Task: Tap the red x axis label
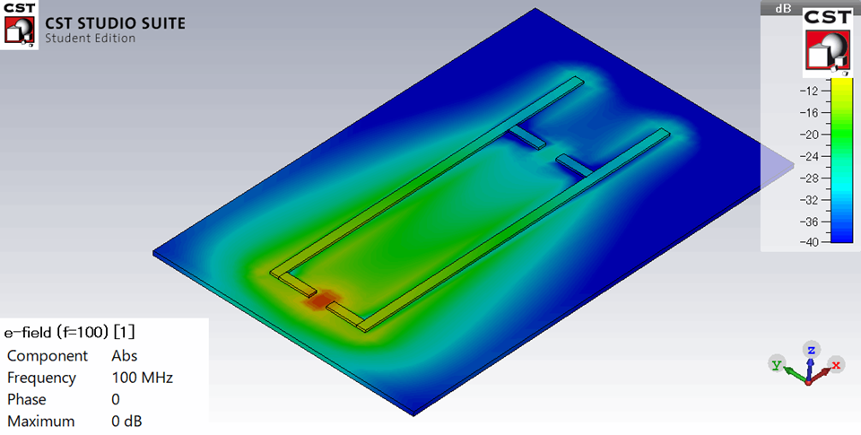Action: click(836, 364)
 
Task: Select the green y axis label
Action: click(777, 365)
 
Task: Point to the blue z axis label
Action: click(811, 349)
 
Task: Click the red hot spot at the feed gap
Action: click(321, 300)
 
